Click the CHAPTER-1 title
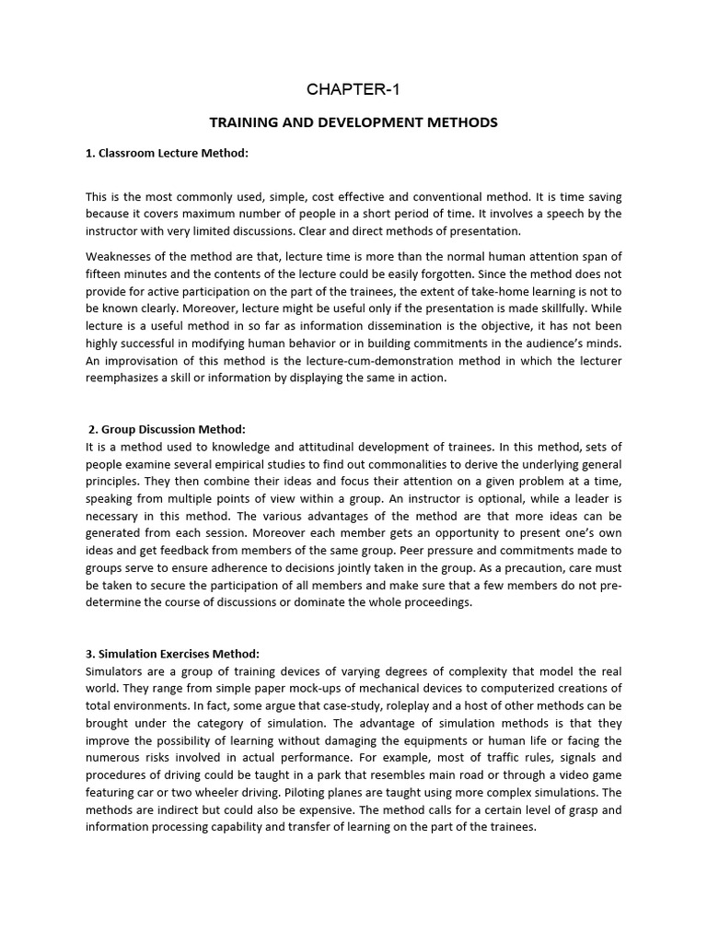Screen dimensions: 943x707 [353, 89]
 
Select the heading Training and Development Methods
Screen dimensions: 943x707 [353, 122]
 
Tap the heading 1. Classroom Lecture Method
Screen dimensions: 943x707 [168, 153]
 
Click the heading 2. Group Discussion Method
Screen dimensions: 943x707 [168, 428]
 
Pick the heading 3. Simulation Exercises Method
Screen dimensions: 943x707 [174, 653]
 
